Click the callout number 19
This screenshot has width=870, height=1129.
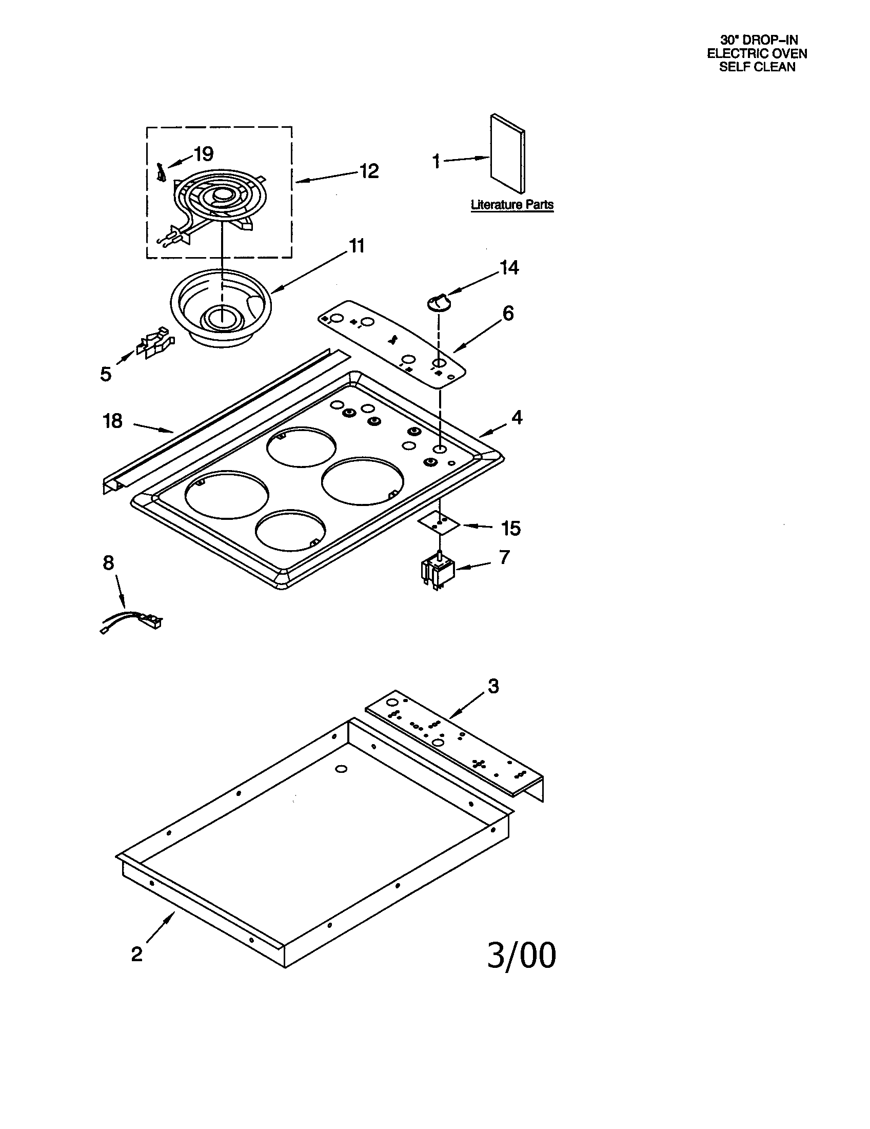[204, 153]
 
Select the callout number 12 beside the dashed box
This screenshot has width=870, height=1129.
[369, 171]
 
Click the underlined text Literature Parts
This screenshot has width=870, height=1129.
[511, 205]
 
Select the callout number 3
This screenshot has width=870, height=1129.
[493, 686]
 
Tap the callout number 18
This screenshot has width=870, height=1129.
[113, 421]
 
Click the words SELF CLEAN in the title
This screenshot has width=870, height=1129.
[757, 67]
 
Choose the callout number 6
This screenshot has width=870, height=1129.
[508, 313]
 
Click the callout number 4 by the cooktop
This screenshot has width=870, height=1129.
[517, 417]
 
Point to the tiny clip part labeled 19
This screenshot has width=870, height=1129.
[161, 172]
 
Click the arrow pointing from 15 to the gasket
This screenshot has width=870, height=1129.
[478, 526]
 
